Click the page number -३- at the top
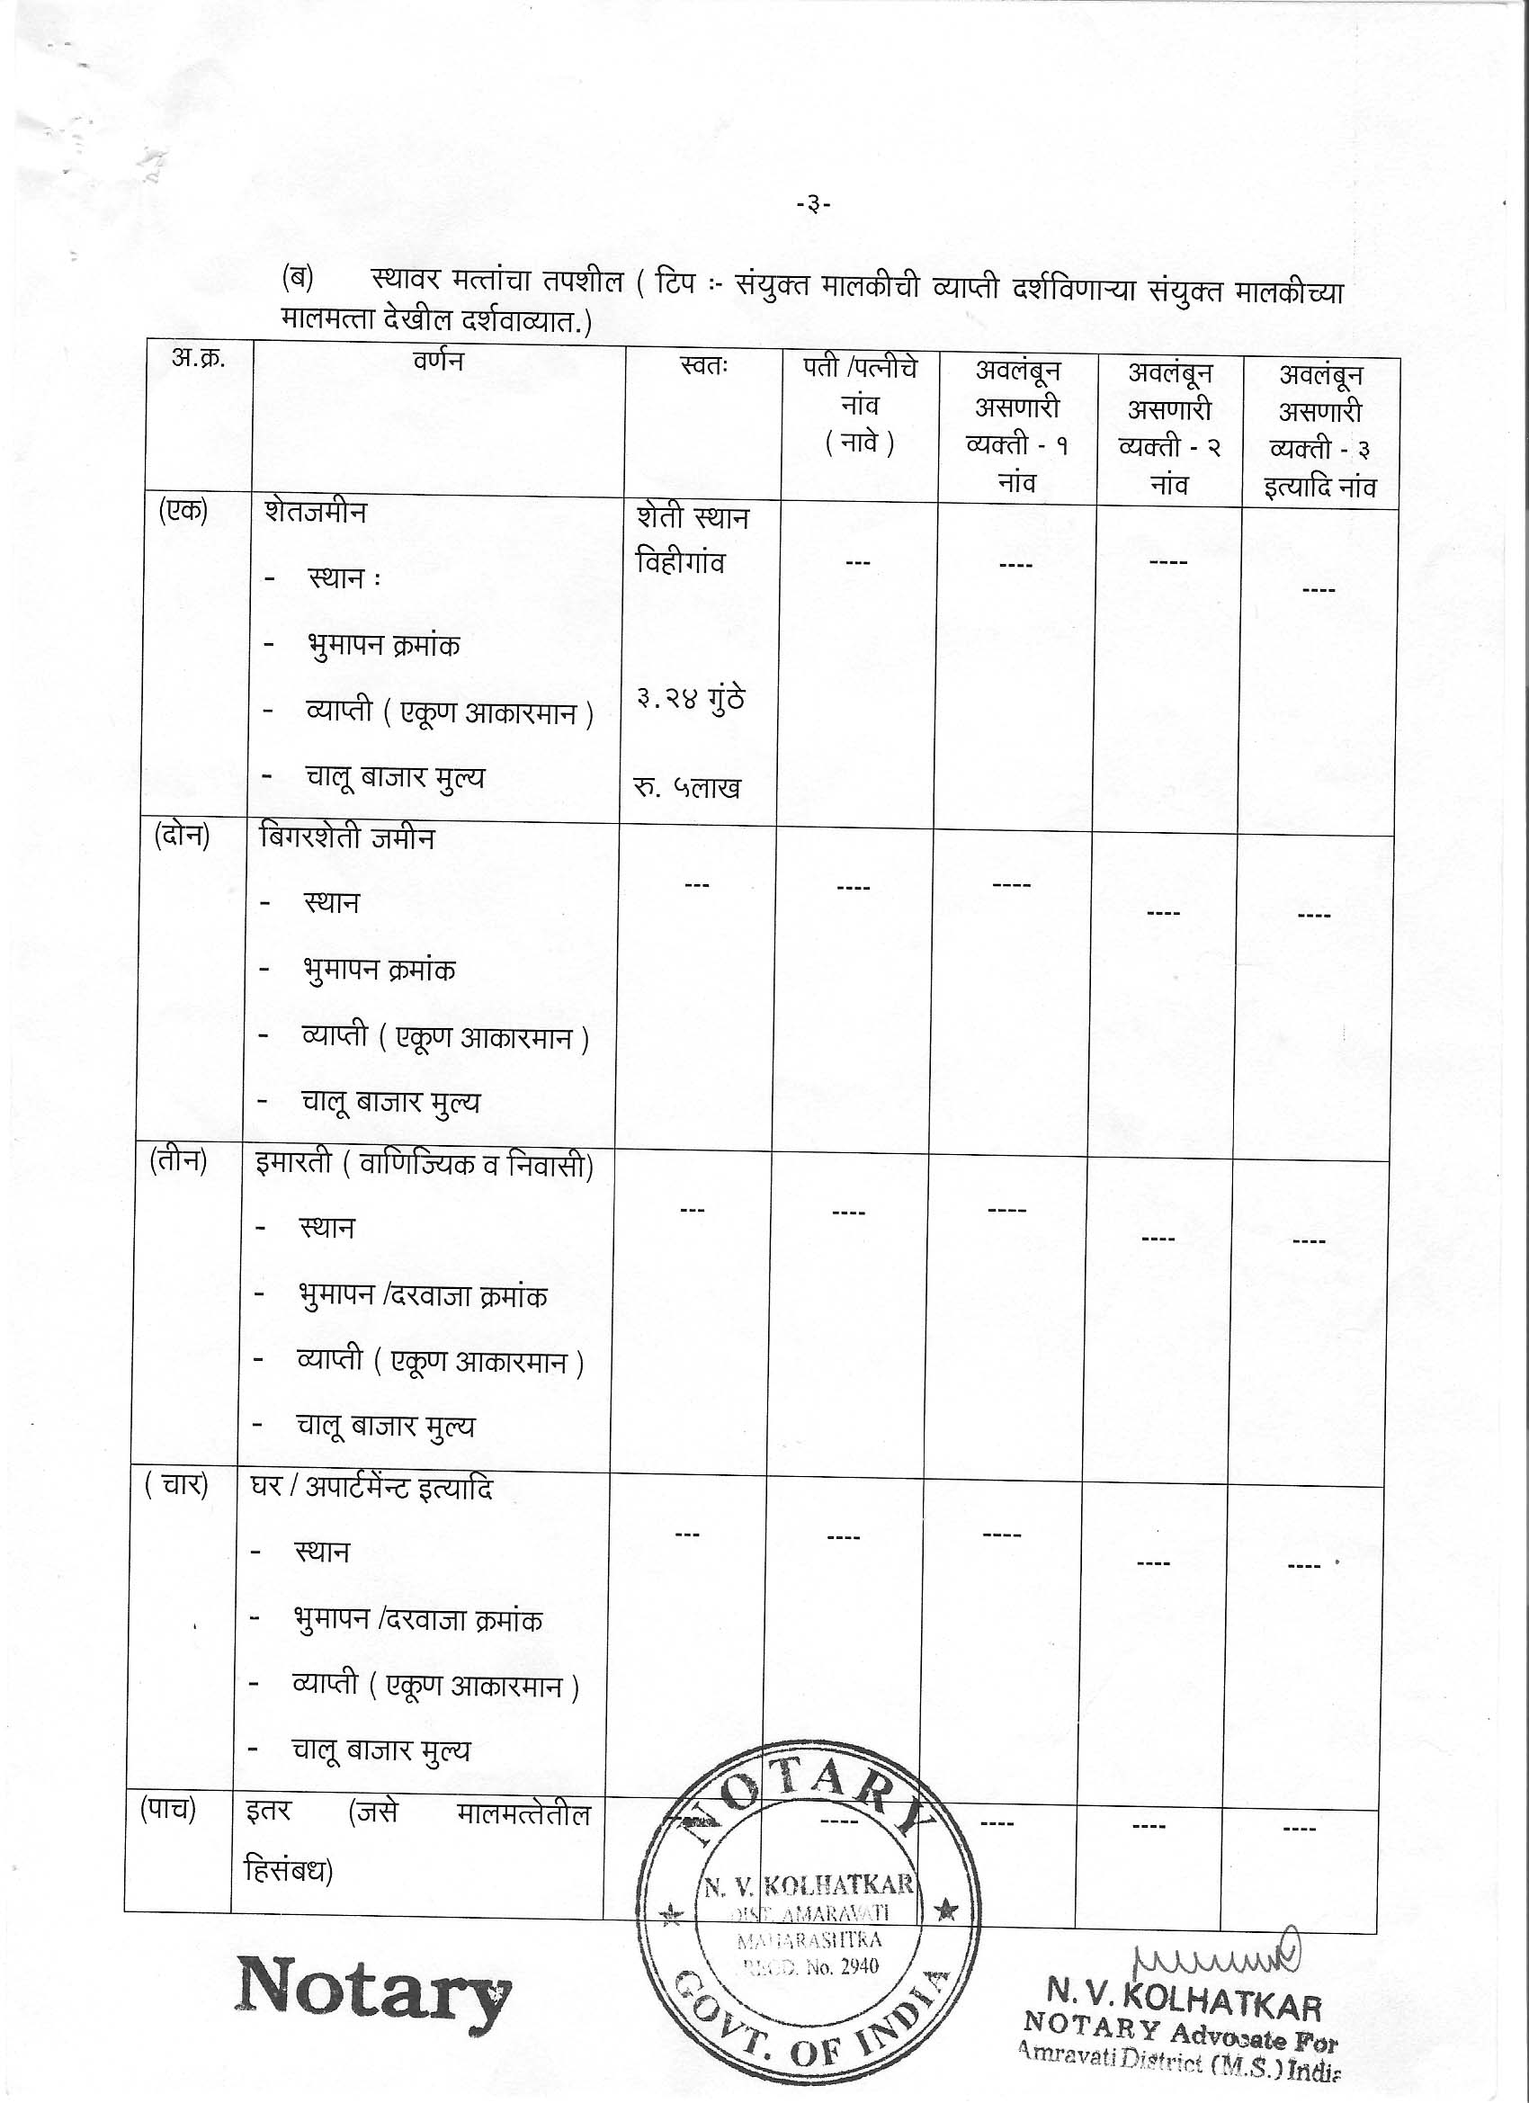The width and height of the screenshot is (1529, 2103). (813, 205)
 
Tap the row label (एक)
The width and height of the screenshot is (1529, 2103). (183, 511)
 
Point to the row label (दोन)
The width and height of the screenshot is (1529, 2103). (182, 836)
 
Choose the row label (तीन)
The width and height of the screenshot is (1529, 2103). (178, 1160)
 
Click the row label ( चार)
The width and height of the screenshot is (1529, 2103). (175, 1484)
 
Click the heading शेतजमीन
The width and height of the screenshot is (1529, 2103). (316, 513)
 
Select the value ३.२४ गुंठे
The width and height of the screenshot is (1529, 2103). (690, 698)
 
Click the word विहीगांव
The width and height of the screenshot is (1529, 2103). (680, 563)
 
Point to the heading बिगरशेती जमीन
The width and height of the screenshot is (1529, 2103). (347, 837)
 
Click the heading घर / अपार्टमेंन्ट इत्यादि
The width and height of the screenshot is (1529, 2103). (372, 1489)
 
